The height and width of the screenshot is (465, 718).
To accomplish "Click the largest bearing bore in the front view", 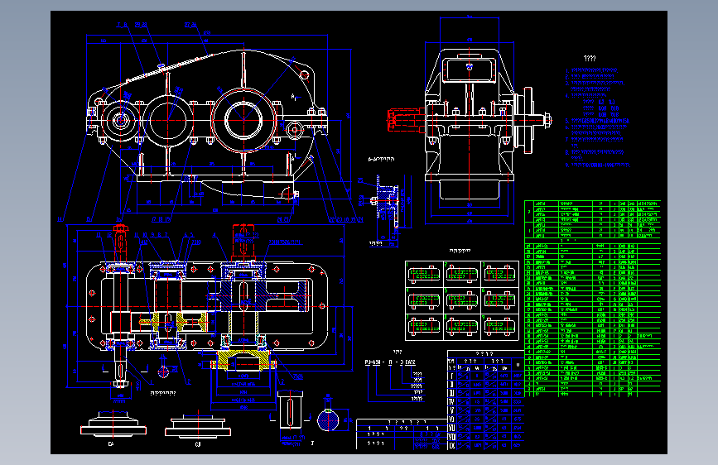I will tap(242, 121).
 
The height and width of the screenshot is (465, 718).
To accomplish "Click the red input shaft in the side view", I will tap(402, 121).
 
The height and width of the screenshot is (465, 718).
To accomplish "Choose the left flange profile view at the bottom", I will tap(113, 427).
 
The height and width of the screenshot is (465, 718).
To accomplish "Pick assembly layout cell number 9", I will tap(499, 325).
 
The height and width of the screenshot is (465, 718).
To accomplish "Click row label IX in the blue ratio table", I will tap(451, 445).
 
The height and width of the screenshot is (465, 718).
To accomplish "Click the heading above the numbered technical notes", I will tap(590, 59).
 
